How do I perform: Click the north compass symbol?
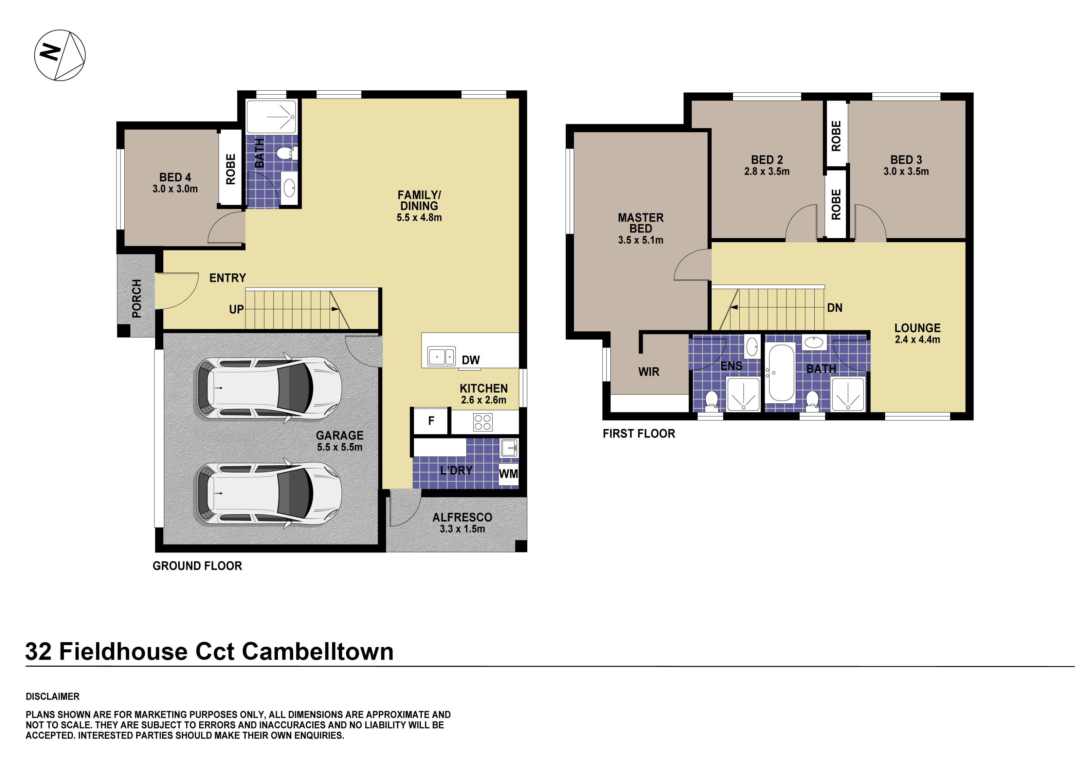click(x=60, y=55)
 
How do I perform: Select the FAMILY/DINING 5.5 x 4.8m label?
click(x=419, y=206)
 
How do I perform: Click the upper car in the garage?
click(x=269, y=388)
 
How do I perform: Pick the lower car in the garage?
click(x=269, y=493)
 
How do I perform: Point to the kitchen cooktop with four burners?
click(x=482, y=422)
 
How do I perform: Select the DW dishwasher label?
click(x=471, y=360)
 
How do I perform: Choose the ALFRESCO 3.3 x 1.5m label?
click(x=462, y=523)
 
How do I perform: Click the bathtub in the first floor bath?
click(x=781, y=372)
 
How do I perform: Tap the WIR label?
click(x=648, y=372)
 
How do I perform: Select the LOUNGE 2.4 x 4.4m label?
click(x=917, y=333)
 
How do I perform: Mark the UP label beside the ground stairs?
click(x=236, y=309)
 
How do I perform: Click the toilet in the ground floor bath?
click(x=285, y=153)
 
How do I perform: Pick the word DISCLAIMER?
click(x=52, y=696)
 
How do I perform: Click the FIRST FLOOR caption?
click(x=639, y=434)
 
